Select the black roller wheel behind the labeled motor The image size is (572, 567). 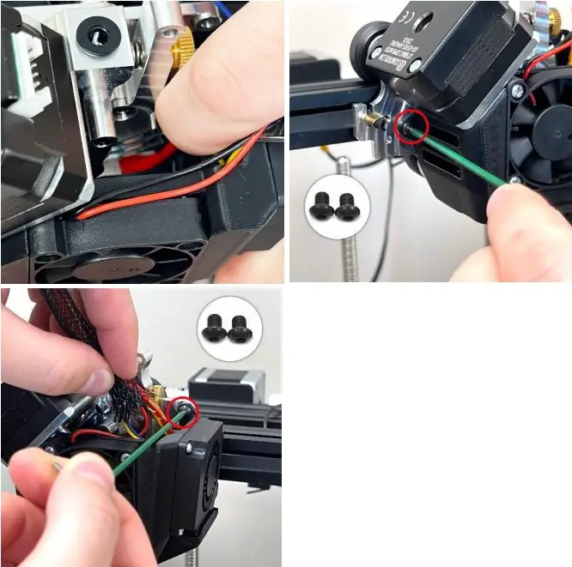coord(366,42)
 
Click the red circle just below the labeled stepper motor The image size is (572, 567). coord(410,127)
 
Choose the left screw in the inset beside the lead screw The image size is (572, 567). coord(321,206)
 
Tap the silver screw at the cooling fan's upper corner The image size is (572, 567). coord(517,89)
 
